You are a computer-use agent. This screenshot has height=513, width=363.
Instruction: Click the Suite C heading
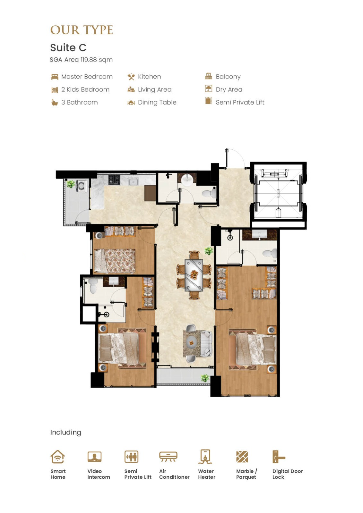click(68, 48)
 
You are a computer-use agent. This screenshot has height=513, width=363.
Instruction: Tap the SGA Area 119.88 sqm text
click(81, 60)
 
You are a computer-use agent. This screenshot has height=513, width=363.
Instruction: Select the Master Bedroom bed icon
click(55, 77)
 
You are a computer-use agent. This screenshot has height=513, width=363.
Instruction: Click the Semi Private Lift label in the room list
click(240, 102)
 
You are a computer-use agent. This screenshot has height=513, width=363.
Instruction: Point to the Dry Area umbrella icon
click(208, 88)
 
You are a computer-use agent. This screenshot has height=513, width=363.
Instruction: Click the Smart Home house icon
click(57, 457)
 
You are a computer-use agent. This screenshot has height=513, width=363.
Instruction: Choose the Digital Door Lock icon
click(279, 457)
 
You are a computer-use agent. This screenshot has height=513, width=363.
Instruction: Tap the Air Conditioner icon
click(168, 457)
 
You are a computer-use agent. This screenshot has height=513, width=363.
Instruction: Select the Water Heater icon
click(205, 457)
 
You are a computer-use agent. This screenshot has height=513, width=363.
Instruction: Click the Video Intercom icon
click(94, 457)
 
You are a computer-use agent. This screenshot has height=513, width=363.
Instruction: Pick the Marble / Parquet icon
click(242, 457)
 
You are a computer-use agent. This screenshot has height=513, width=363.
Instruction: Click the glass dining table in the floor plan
click(194, 275)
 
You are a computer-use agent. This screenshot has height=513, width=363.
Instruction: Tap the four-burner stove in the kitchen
click(114, 180)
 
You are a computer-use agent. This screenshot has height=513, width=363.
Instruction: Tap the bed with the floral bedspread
click(115, 261)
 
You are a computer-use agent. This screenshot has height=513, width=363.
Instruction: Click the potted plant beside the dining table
click(209, 251)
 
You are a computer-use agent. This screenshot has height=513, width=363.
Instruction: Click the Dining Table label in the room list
click(157, 102)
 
